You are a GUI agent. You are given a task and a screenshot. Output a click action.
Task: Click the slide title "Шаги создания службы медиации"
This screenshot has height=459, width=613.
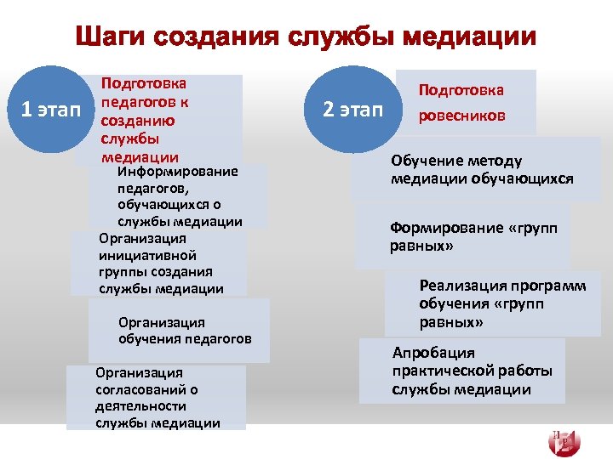point(306,37)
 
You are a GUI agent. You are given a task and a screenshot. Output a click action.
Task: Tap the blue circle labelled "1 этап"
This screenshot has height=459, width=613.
point(50,109)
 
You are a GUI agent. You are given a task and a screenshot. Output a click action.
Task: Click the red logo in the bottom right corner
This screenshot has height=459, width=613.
point(564,440)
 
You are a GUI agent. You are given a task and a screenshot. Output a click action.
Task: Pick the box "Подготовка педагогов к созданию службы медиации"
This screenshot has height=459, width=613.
point(158,120)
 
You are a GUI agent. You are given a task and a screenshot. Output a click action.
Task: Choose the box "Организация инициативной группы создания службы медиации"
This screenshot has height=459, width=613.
point(159,263)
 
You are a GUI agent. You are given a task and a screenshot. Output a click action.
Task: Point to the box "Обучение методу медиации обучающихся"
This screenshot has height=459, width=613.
point(482,170)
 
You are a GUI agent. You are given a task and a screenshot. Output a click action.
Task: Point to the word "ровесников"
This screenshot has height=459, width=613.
point(461,116)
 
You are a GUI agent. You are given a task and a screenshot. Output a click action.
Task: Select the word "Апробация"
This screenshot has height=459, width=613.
point(433,353)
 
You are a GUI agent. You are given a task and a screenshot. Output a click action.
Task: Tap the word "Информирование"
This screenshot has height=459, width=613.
point(178,171)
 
